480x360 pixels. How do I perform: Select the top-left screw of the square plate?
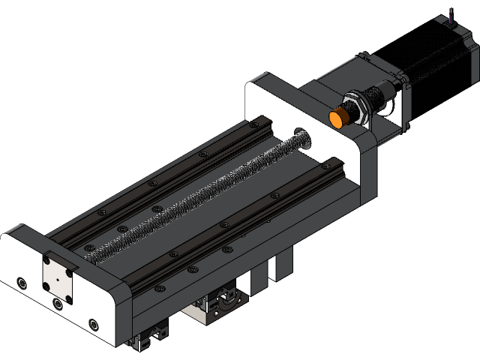[46, 260]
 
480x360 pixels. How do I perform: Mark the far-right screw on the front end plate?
[93, 324]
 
